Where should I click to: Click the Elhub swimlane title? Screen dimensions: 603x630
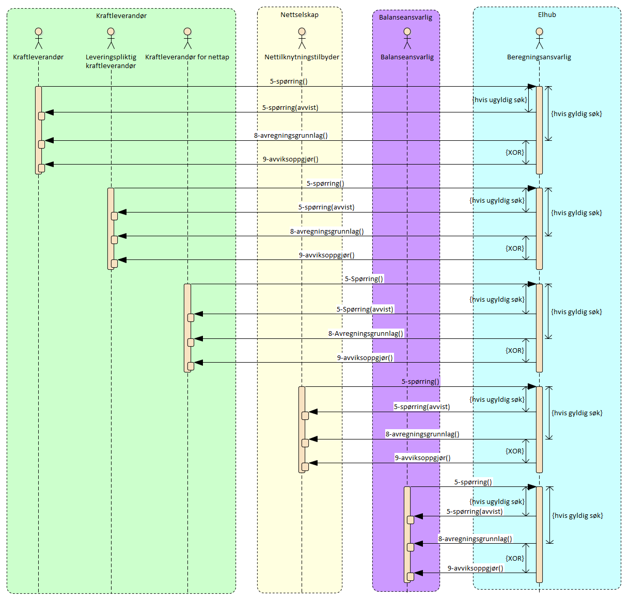pos(547,15)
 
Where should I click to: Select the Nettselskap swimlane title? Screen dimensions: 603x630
pos(300,15)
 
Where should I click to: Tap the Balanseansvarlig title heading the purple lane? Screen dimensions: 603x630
pos(405,18)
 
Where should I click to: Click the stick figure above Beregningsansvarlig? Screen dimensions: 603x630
pos(539,39)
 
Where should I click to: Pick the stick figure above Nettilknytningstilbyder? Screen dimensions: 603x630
pos(302,39)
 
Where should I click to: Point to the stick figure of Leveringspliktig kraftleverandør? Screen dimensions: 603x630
pos(111,39)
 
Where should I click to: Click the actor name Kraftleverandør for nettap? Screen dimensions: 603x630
pos(187,57)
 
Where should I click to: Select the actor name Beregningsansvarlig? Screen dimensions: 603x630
pos(539,57)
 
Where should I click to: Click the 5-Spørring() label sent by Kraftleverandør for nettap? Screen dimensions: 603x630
pos(364,279)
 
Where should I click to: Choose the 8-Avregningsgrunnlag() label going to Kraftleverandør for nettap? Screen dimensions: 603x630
pos(366,334)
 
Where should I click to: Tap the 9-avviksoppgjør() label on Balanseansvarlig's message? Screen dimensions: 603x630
pos(475,568)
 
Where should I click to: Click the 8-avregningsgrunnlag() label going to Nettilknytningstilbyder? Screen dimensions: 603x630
pos(422,434)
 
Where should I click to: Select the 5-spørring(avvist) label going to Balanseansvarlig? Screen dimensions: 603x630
pos(475,512)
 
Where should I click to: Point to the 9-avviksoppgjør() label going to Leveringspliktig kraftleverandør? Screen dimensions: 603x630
pos(326,255)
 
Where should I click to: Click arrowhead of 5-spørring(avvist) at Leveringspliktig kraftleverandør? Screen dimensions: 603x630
pos(122,212)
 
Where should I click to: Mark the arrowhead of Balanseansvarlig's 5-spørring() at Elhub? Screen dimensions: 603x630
pos(531,487)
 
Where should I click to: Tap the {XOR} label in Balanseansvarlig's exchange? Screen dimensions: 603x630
pos(514,559)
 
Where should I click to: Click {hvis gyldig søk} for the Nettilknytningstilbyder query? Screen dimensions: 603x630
pos(577,413)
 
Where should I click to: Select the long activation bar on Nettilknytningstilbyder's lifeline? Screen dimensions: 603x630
pos(302,429)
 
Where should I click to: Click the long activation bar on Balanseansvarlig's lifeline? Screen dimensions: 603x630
pos(407,534)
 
